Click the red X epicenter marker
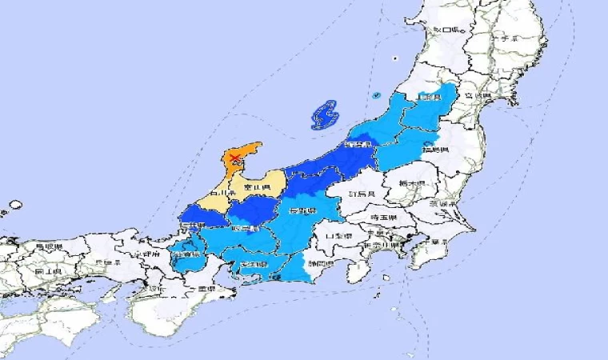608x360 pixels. pyautogui.click(x=234, y=158)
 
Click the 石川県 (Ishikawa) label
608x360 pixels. pyautogui.click(x=221, y=194)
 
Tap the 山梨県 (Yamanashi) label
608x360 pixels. pyautogui.click(x=332, y=237)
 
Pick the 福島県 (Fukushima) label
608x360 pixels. pyautogui.click(x=434, y=150)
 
